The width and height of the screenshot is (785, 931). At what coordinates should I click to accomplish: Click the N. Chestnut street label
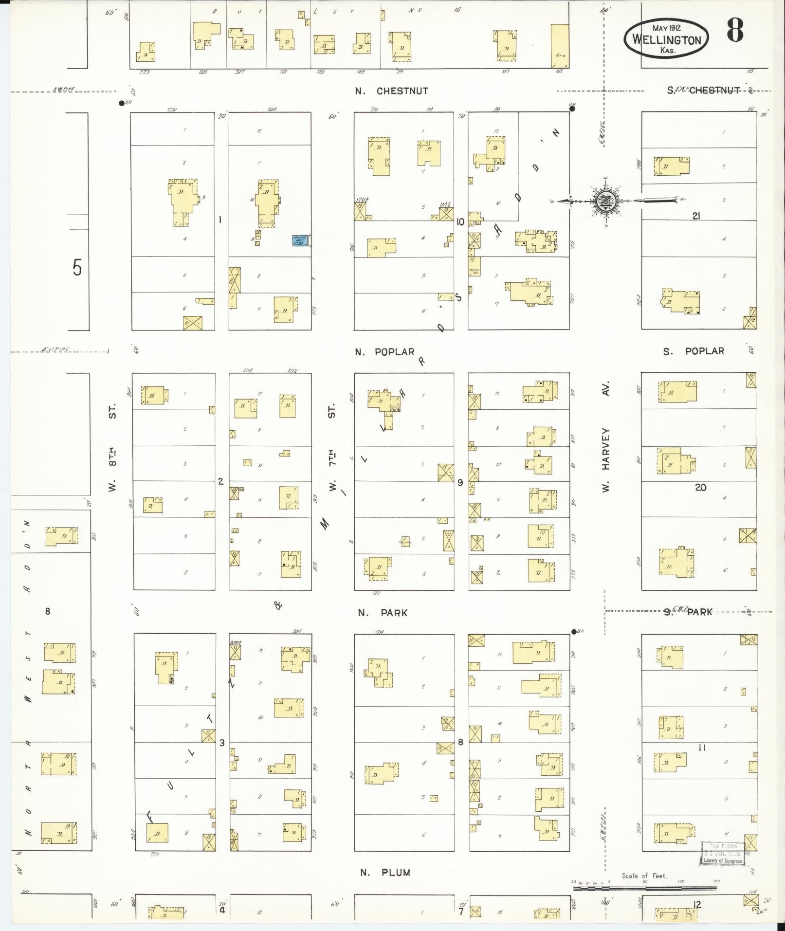click(392, 91)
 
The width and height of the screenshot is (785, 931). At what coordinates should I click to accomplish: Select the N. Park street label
click(383, 613)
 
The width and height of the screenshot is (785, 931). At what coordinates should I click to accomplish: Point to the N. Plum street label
click(385, 873)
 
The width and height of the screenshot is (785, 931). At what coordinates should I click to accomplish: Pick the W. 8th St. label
click(112, 447)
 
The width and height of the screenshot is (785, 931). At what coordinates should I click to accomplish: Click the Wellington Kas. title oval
click(666, 38)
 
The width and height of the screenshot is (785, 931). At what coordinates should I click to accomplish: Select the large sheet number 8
click(735, 30)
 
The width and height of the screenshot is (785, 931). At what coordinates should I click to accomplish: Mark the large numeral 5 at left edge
click(77, 268)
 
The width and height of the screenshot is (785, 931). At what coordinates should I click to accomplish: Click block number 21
click(696, 216)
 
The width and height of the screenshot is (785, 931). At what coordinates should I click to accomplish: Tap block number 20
click(700, 487)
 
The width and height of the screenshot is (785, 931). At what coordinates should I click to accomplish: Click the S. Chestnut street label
click(703, 91)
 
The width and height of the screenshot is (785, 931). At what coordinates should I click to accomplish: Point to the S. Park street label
click(688, 612)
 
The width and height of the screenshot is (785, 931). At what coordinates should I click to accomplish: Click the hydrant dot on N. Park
click(573, 632)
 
